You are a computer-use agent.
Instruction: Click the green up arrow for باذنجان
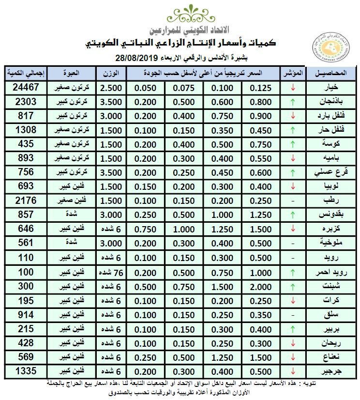292,102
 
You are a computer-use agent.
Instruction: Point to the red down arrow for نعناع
292,357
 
